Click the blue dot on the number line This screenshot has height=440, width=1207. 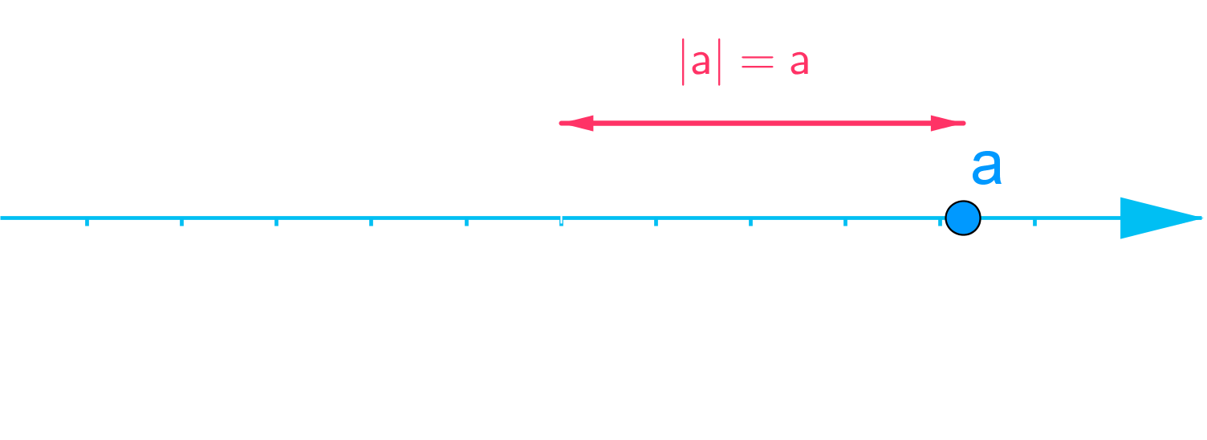tap(962, 218)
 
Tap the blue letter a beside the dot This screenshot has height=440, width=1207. tap(986, 168)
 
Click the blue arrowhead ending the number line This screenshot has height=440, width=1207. tap(1159, 218)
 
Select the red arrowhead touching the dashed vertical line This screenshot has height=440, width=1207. tap(577, 123)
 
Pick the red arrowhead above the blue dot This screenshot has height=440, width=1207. tap(947, 123)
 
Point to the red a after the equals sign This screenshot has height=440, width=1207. tap(799, 64)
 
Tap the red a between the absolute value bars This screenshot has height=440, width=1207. tap(701, 64)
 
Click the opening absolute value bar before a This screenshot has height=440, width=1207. tap(683, 63)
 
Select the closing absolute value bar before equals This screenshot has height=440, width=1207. tap(719, 63)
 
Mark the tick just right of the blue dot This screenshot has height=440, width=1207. tap(1034, 221)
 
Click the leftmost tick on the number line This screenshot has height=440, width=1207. tap(87, 221)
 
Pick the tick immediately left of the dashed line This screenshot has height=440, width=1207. tap(466, 221)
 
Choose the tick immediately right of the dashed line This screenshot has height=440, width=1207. tap(656, 221)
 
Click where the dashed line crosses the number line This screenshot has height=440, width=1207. tap(561, 218)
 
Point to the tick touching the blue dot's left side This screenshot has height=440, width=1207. tap(941, 221)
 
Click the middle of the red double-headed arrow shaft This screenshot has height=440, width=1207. tap(762, 123)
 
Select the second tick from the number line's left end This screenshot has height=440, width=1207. tap(181, 221)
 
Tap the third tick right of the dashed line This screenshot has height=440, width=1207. tap(845, 221)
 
